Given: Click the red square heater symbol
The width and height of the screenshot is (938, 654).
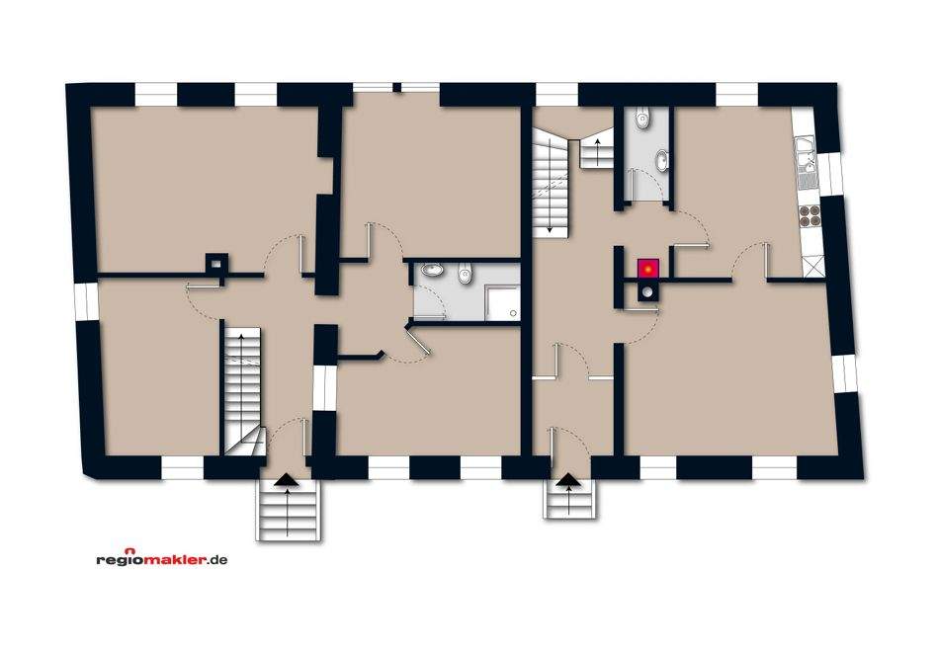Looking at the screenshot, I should pos(647,268).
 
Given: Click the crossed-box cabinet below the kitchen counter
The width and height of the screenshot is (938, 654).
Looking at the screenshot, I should pos(812,266).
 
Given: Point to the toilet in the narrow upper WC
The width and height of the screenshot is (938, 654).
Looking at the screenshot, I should pos(643,120).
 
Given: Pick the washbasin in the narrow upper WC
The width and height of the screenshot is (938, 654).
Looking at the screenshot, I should pos(659,157).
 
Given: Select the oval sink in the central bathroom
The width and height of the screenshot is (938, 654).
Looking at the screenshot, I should pos(432,272).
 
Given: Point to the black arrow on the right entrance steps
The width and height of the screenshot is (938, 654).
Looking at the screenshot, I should pos(570,483).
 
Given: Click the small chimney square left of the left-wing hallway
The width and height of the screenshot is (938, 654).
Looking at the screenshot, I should pos(214,263).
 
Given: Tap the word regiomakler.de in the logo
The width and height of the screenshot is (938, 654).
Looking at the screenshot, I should pos(162,559).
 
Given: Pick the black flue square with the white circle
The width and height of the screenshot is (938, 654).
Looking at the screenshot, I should pos(646,292).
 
